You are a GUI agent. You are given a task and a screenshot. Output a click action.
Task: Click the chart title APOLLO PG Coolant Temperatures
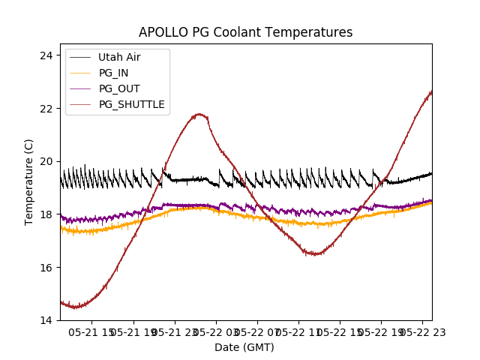tap(245, 32)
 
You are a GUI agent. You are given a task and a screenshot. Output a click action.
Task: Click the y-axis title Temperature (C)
tap(29, 182)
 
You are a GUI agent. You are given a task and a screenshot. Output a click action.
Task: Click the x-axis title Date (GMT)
tap(244, 347)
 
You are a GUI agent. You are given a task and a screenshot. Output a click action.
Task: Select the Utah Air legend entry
tap(119, 57)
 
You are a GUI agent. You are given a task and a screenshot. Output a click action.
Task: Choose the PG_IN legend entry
tap(113, 73)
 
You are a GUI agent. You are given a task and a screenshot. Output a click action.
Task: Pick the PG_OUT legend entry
tap(118, 88)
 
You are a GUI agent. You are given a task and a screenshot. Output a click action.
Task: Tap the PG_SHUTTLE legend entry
tap(131, 104)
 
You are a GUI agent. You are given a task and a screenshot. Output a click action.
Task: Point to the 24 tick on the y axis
tap(46, 55)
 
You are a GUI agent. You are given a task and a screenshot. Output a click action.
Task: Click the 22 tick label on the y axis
tap(46, 109)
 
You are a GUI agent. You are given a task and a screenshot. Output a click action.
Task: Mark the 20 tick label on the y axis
tap(46, 161)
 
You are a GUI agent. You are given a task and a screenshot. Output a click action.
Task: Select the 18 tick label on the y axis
tap(46, 214)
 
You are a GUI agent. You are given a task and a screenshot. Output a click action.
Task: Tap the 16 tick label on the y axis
tap(46, 268)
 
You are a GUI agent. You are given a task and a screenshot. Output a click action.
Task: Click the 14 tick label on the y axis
tap(46, 320)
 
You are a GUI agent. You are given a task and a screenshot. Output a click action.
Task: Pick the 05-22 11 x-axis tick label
tap(298, 331)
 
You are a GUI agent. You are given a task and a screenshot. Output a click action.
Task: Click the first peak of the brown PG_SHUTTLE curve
tap(199, 114)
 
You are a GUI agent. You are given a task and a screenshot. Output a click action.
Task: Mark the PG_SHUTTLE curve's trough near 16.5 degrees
tap(315, 253)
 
